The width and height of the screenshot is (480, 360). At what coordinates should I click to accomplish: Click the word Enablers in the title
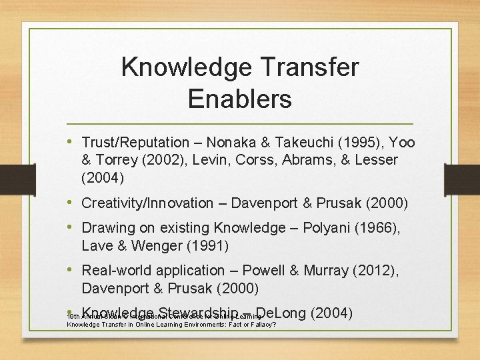[239, 99]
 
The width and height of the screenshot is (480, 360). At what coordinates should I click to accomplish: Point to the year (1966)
[377, 228]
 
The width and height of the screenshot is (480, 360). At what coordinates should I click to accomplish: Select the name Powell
[264, 270]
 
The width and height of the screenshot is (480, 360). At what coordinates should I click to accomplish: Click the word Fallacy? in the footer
[257, 325]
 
